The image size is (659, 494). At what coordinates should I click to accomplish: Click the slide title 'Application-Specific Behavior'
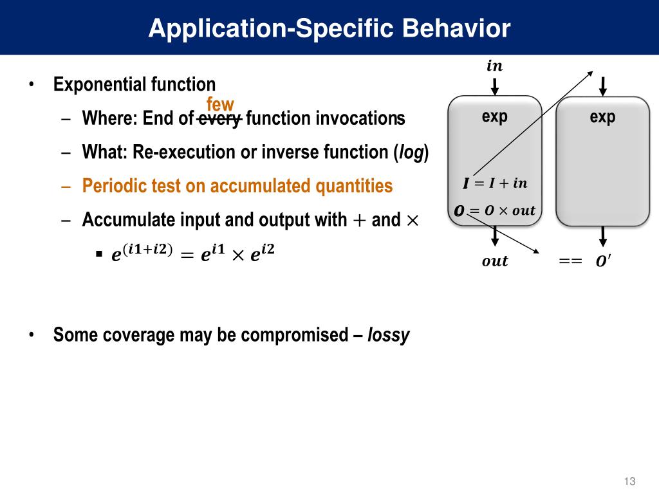[x=329, y=28]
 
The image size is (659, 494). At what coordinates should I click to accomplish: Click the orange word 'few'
[x=220, y=104]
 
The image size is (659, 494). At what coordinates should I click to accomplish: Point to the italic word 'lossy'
[x=388, y=335]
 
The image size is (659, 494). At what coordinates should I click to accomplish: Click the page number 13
[x=629, y=482]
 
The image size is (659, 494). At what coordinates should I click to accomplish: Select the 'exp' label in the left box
[x=494, y=116]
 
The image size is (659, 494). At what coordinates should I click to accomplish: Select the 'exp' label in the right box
[x=602, y=116]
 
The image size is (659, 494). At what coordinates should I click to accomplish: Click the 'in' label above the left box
[x=494, y=66]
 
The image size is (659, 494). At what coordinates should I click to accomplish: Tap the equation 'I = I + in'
[x=494, y=184]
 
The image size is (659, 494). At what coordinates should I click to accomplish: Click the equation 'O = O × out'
[x=494, y=211]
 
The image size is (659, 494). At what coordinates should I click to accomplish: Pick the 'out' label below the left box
[x=495, y=261]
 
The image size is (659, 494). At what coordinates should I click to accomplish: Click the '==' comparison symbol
[x=570, y=261]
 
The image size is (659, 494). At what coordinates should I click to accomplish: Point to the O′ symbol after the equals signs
[x=604, y=261]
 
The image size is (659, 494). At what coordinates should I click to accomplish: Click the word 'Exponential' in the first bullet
[x=100, y=85]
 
